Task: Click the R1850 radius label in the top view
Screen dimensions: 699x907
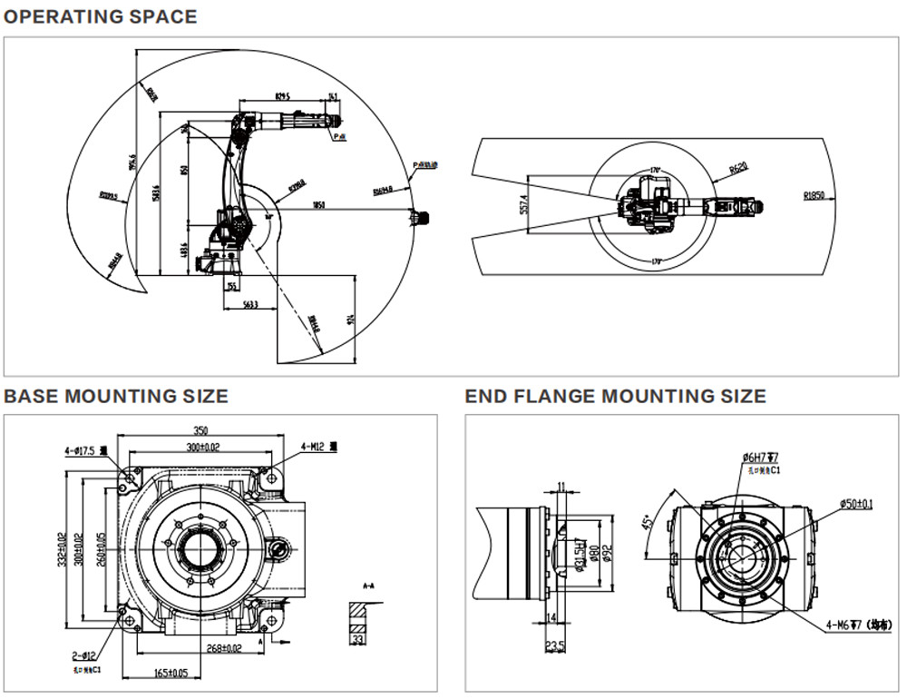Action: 814,195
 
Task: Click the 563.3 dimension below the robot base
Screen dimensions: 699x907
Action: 251,306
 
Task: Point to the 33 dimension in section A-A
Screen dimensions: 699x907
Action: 358,639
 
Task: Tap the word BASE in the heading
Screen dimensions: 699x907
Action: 34,396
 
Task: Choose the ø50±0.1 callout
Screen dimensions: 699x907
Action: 855,503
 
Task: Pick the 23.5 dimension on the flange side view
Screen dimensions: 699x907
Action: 555,647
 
